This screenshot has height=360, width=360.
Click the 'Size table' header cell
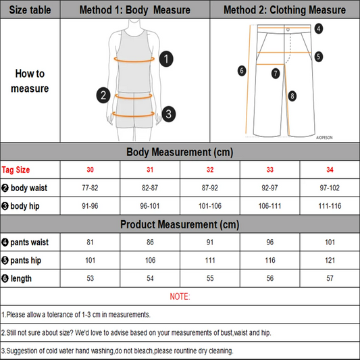[x=30, y=9]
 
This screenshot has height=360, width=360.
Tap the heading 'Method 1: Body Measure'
[x=134, y=9]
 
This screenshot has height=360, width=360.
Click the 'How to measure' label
[x=30, y=81]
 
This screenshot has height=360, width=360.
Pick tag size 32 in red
[x=209, y=170]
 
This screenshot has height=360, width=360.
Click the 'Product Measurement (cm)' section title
[x=179, y=224]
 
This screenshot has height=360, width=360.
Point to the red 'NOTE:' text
[x=180, y=297]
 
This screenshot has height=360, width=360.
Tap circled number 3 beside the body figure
[x=169, y=113]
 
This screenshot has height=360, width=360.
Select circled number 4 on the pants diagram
[x=319, y=28]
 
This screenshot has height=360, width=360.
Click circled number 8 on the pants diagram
[x=292, y=96]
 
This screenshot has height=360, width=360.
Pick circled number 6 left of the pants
[x=241, y=70]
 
